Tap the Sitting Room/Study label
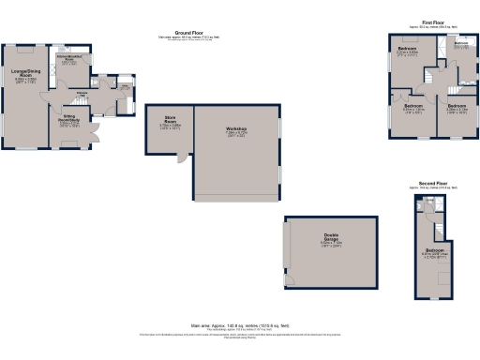point(68,119)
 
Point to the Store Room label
point(171,119)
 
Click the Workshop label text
point(234,128)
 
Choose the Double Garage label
point(331,235)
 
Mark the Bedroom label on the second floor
point(434,250)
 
